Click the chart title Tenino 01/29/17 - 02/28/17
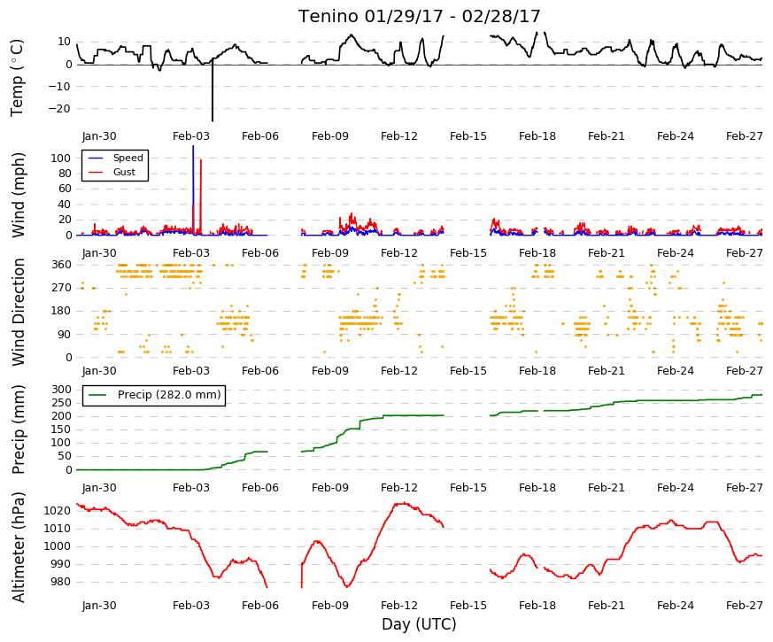[x=419, y=16]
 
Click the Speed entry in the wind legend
[x=128, y=158]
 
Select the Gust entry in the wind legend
[x=124, y=172]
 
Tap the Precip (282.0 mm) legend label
[x=169, y=394]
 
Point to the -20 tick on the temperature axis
[x=61, y=109]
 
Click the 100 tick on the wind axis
[x=61, y=159]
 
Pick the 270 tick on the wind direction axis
[x=62, y=288]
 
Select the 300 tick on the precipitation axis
[x=62, y=390]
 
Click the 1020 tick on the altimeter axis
[x=57, y=511]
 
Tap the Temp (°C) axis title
[x=17, y=78]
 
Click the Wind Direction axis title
[x=19, y=312]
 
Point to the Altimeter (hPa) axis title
[x=19, y=547]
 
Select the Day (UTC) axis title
[x=419, y=624]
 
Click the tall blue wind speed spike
[x=193, y=190]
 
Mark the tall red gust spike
[x=201, y=197]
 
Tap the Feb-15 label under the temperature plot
[x=468, y=136]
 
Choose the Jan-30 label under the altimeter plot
[x=99, y=606]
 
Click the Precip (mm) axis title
[x=19, y=429]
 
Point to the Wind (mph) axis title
[x=19, y=195]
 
